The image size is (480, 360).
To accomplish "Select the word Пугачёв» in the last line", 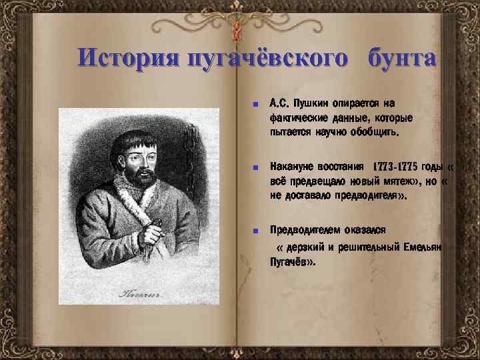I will (293, 262).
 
